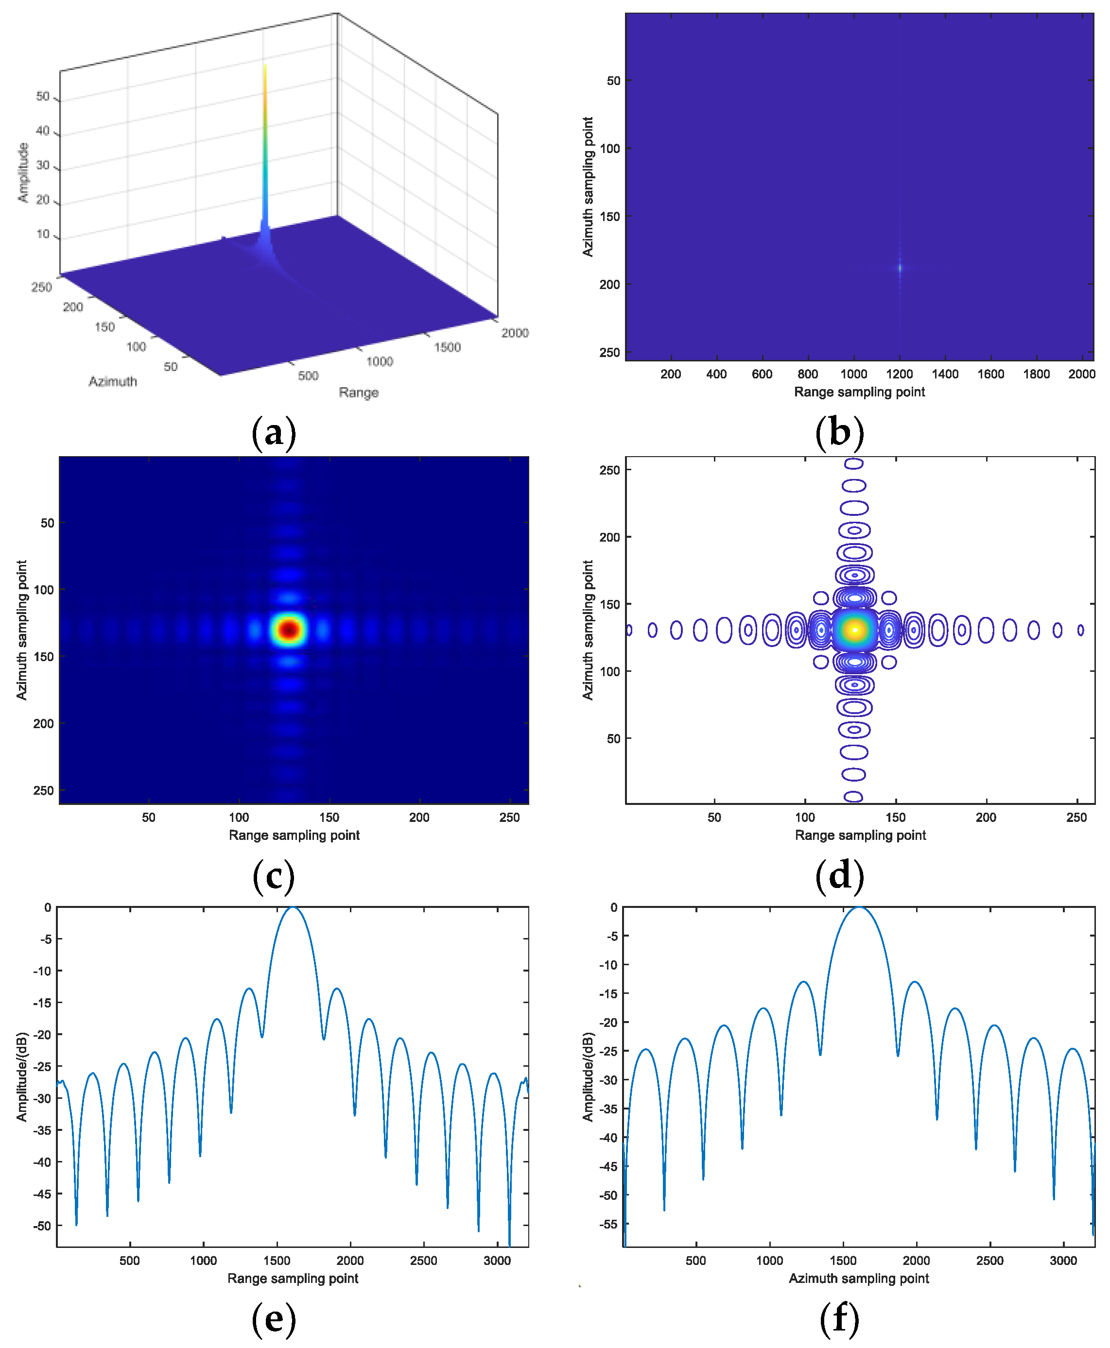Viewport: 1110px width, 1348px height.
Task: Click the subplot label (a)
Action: [x=274, y=433]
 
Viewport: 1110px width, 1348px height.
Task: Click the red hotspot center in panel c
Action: [x=290, y=630]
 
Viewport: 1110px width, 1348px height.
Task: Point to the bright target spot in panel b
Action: [x=900, y=268]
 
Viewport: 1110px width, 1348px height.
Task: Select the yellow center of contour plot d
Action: [x=855, y=630]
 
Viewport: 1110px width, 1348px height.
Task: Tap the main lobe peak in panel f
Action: [x=859, y=907]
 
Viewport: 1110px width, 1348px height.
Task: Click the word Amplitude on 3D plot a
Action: [x=24, y=172]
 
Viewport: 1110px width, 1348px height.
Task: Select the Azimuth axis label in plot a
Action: [x=113, y=382]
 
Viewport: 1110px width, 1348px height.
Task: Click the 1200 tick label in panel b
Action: [x=899, y=374]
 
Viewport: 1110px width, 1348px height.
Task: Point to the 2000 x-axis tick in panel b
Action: [x=1081, y=374]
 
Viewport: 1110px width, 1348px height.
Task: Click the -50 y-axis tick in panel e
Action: [x=42, y=1225]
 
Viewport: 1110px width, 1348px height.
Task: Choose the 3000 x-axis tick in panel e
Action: [x=497, y=1261]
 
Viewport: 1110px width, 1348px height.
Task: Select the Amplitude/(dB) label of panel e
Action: [x=22, y=1076]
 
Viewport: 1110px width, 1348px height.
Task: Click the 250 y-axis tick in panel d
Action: [x=609, y=470]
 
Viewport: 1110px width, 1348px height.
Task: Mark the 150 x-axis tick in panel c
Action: [x=330, y=817]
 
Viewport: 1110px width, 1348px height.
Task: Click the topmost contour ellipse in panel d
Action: [x=853, y=464]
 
